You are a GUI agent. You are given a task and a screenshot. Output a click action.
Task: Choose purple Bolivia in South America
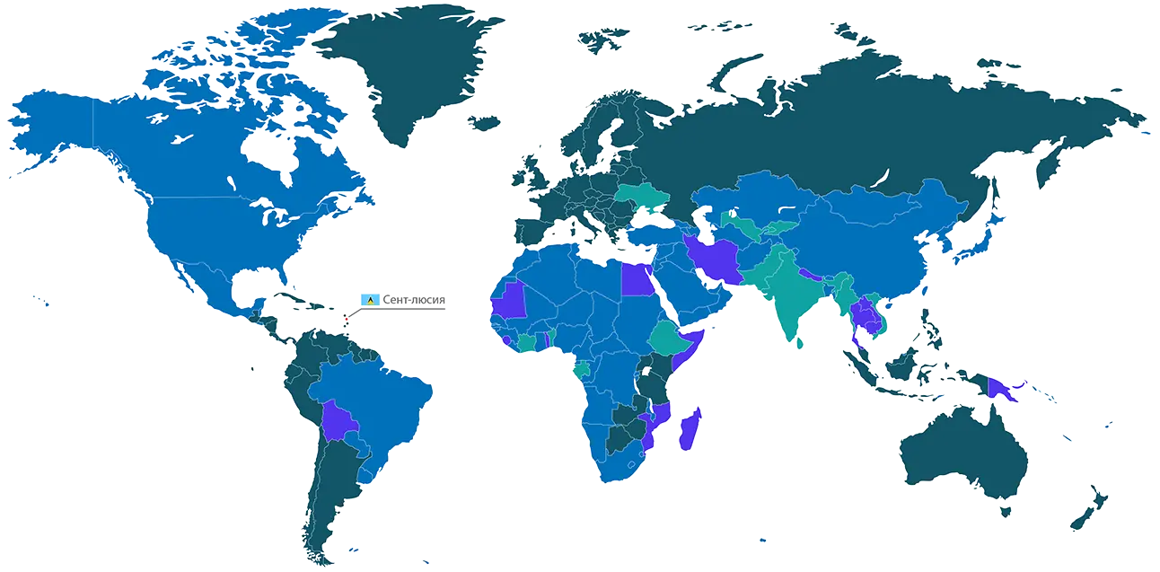(339, 419)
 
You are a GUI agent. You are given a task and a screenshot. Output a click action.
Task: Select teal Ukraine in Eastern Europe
(642, 197)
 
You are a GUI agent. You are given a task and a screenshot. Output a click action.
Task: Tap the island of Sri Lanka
(799, 342)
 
